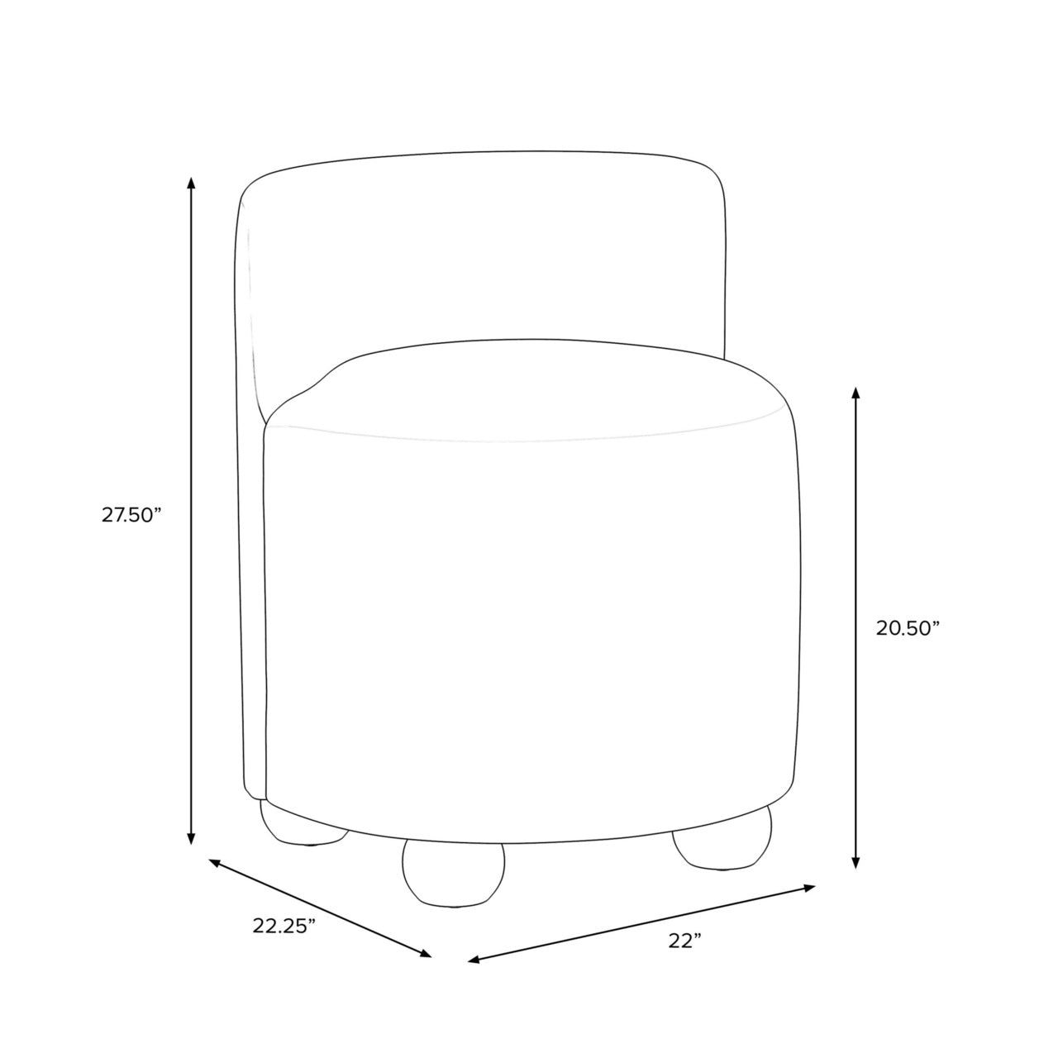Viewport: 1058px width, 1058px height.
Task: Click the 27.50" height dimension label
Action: coord(131,515)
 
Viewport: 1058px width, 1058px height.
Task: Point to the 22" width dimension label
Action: coord(685,956)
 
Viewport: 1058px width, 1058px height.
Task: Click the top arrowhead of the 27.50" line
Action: coord(190,183)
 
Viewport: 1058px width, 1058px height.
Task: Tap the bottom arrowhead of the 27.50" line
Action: coord(190,853)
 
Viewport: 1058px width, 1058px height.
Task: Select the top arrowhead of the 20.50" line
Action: coord(855,393)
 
